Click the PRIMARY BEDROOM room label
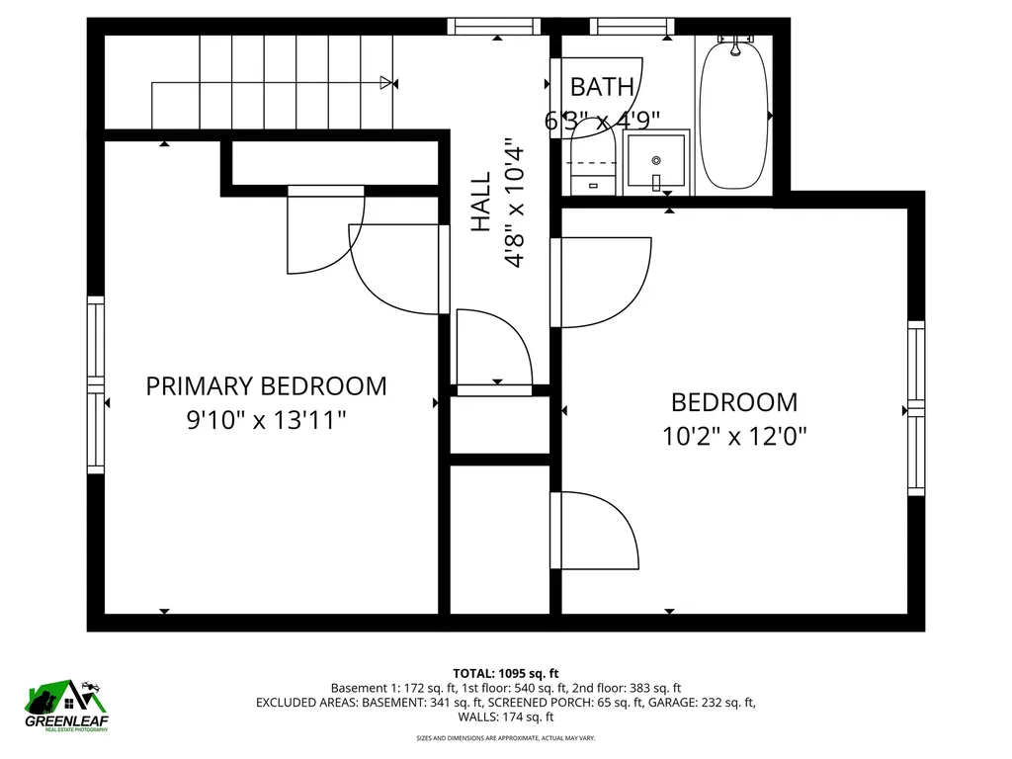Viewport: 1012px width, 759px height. (266, 385)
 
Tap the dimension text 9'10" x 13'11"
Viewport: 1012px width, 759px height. (266, 420)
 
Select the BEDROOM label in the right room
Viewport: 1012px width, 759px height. (733, 402)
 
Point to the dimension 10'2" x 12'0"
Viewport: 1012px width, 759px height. (734, 436)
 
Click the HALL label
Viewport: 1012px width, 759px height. (481, 203)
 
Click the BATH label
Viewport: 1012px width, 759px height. (602, 87)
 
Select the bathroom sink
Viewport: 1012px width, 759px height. (656, 161)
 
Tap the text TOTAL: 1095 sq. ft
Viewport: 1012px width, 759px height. (505, 673)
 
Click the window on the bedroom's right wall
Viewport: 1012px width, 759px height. (916, 408)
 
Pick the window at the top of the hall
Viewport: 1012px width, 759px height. (496, 27)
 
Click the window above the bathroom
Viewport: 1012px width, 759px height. (633, 27)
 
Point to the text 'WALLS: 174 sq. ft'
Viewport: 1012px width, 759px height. (505, 717)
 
